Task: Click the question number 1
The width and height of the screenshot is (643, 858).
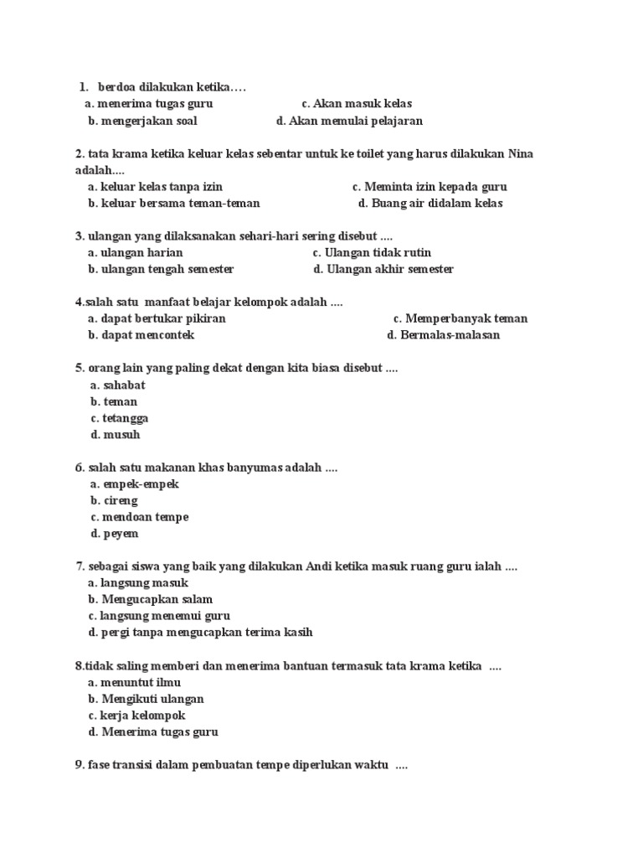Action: [84, 86]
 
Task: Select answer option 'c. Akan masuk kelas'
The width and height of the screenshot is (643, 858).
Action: [357, 104]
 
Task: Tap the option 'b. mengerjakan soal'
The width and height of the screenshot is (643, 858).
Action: [142, 121]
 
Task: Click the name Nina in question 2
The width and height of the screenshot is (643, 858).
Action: [520, 153]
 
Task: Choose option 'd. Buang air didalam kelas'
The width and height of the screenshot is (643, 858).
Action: [430, 204]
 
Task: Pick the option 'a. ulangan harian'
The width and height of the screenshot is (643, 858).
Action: [135, 253]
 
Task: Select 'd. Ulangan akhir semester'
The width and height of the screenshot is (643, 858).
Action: [383, 270]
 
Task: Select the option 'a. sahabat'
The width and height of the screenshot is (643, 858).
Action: [117, 385]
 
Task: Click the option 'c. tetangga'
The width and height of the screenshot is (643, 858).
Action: [120, 418]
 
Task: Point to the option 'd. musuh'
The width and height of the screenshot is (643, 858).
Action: [116, 435]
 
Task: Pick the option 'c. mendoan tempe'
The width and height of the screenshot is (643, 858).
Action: [139, 517]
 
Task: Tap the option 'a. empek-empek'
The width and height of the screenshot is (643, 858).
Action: [134, 484]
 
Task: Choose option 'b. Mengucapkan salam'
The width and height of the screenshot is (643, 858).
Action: [150, 600]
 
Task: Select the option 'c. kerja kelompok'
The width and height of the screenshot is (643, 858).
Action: [136, 716]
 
